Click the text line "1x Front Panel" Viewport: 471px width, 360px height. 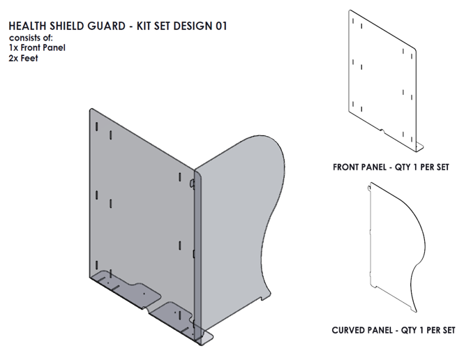click(x=37, y=47)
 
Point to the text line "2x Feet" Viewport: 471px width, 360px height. click(x=24, y=58)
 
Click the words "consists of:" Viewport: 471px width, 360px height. click(x=31, y=38)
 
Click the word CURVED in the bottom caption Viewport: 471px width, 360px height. click(x=350, y=330)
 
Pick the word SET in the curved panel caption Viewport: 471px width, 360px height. click(x=446, y=330)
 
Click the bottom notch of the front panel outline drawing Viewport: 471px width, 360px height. click(x=382, y=130)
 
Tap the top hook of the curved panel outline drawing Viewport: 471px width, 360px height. click(x=369, y=186)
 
